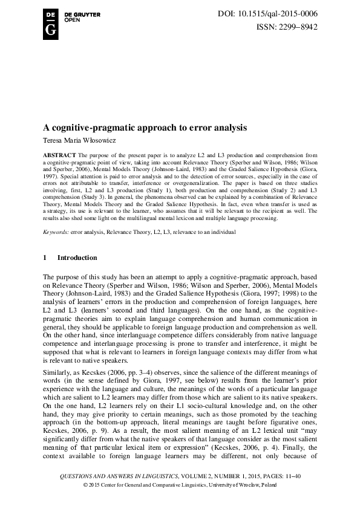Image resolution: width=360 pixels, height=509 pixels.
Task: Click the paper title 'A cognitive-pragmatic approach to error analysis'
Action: click(149, 128)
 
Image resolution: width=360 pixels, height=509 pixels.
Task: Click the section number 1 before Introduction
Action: click(44, 258)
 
